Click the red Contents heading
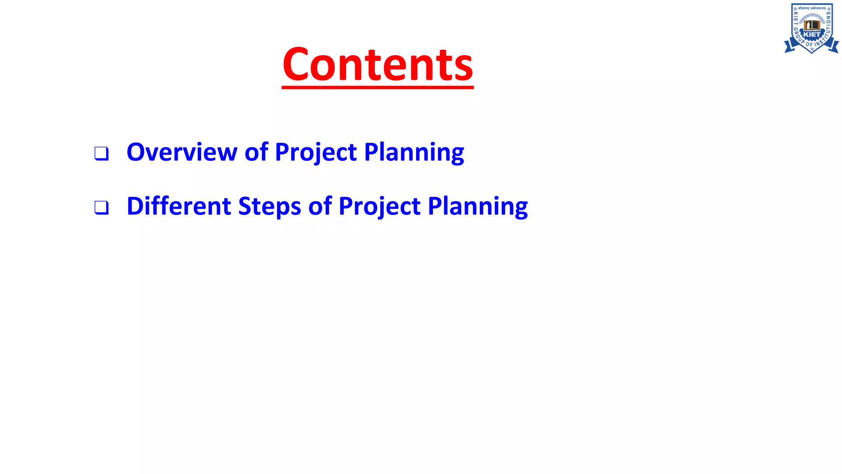(x=377, y=65)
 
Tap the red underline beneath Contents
(x=377, y=87)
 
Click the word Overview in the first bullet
(x=182, y=152)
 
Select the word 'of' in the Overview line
(x=256, y=152)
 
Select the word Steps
(x=269, y=207)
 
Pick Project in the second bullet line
(x=379, y=207)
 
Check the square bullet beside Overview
(x=101, y=153)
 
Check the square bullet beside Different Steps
(x=101, y=207)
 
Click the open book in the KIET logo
(x=812, y=25)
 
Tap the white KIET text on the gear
(x=812, y=35)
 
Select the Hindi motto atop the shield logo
(x=812, y=8)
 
